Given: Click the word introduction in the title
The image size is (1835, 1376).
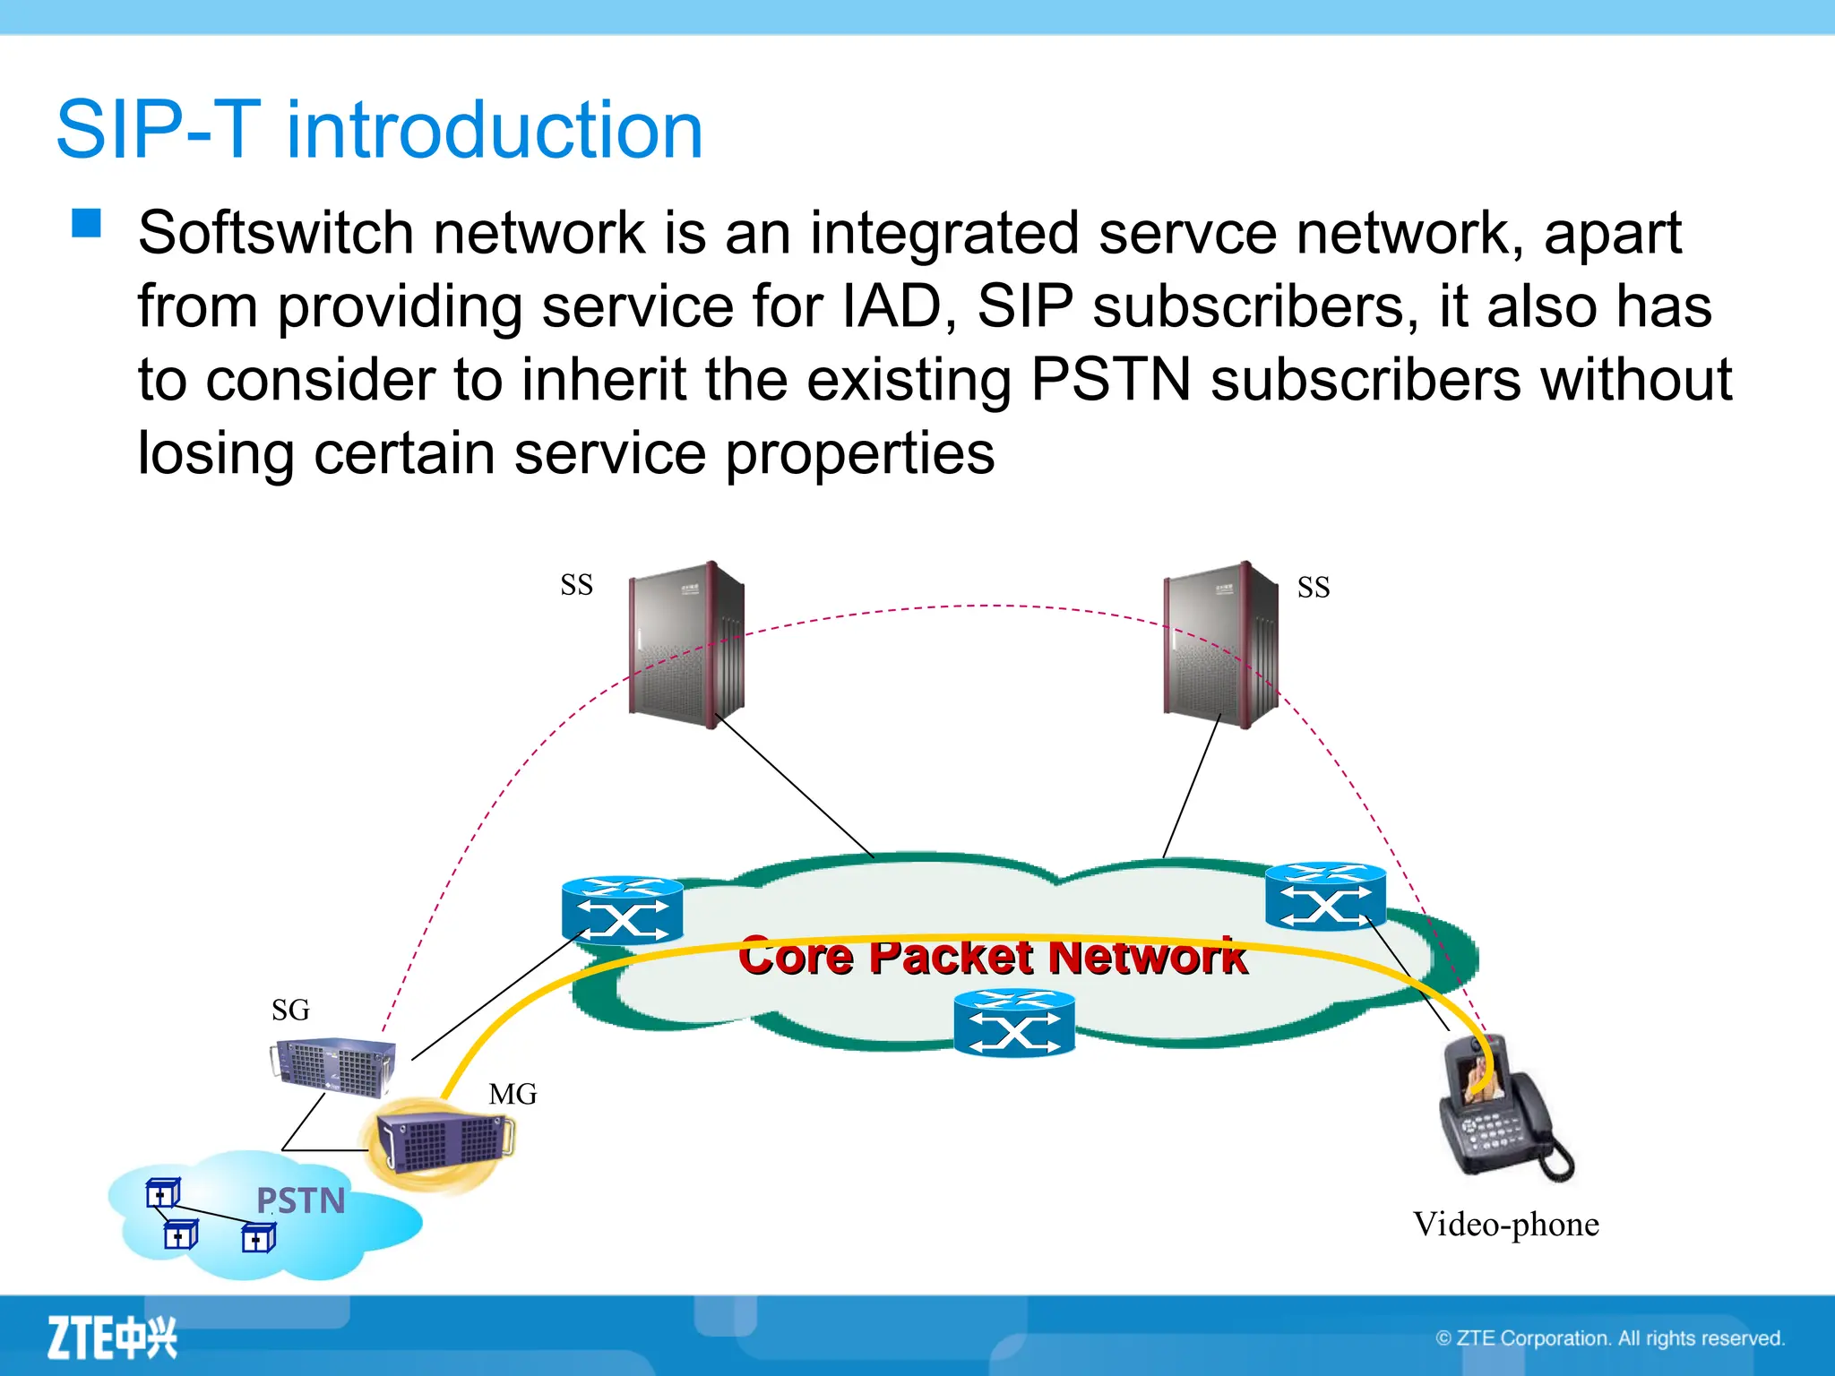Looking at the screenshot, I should click(494, 131).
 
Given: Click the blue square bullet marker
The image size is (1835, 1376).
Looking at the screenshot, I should click(87, 223).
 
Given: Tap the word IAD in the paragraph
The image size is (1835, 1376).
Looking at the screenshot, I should click(892, 307).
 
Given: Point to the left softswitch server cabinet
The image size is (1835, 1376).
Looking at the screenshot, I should click(687, 644).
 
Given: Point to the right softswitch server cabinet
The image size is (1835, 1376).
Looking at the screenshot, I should click(1220, 644).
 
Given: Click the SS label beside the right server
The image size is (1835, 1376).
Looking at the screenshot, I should click(1313, 588).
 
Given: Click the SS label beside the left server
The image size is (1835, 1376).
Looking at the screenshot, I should click(576, 585).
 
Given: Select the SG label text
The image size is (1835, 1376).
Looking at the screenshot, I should click(290, 1010).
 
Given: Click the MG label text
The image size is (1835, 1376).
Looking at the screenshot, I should click(513, 1094).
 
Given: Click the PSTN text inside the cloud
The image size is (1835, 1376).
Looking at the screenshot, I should click(300, 1200).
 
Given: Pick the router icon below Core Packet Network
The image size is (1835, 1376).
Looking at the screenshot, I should click(1013, 1023).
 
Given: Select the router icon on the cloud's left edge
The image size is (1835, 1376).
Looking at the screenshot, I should click(622, 910).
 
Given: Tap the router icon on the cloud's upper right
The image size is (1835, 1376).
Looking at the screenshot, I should click(1325, 897).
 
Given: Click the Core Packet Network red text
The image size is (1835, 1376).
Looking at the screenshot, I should click(992, 957).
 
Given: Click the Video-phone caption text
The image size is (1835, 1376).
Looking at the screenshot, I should click(1505, 1225).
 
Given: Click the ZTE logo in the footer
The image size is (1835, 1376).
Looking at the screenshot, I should click(112, 1337).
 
